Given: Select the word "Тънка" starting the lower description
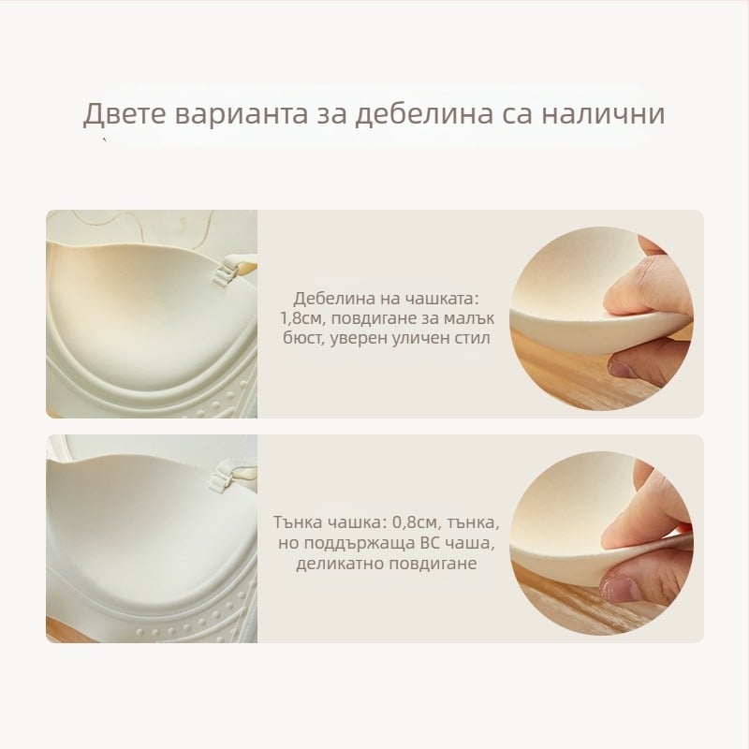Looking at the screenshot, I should click(x=297, y=521).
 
